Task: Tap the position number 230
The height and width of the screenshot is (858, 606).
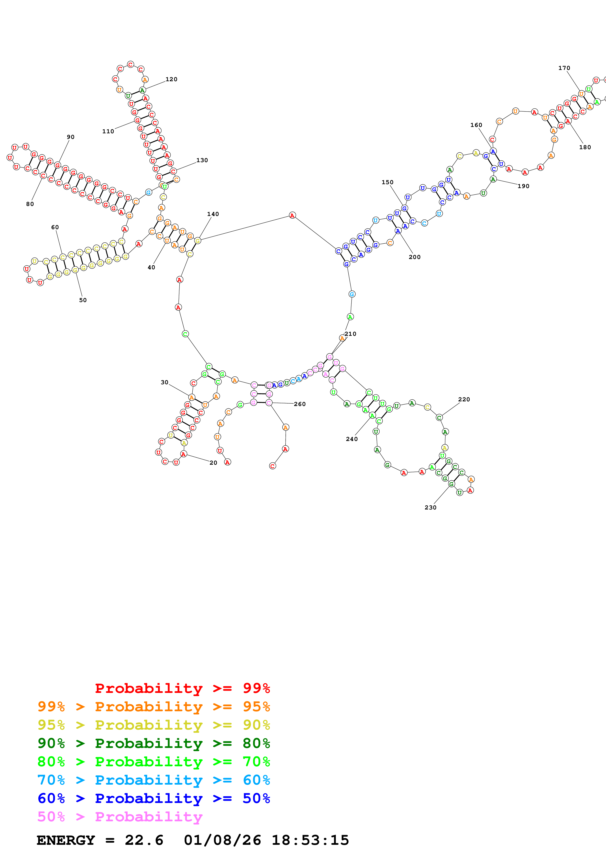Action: click(430, 508)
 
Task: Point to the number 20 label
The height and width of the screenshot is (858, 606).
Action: click(213, 463)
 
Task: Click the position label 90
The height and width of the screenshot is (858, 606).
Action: click(71, 137)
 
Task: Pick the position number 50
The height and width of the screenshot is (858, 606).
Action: click(83, 300)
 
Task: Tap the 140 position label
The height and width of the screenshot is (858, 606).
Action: click(213, 214)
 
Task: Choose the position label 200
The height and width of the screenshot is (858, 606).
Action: click(414, 257)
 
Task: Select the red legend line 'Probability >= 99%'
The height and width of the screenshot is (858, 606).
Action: click(182, 688)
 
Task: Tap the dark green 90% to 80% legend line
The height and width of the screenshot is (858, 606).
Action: click(154, 743)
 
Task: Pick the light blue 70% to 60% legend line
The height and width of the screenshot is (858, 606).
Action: click(154, 780)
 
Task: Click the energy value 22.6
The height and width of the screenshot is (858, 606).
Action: click(144, 840)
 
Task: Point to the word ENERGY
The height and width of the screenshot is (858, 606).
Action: click(66, 840)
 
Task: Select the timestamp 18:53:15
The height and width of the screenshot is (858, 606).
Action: click(310, 840)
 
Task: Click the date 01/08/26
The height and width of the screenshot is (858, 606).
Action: click(222, 840)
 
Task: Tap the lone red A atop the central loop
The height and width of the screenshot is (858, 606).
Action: click(292, 215)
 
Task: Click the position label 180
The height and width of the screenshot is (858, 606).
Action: click(585, 147)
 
